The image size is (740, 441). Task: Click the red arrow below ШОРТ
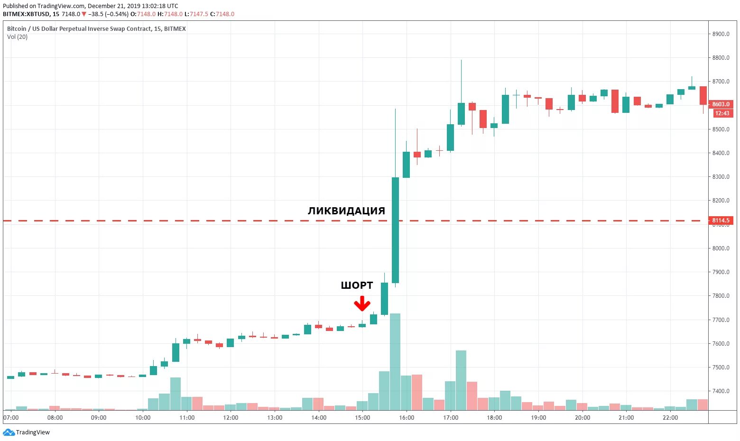[362, 303]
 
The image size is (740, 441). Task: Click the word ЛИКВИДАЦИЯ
[346, 211]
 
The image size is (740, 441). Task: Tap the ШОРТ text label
[357, 285]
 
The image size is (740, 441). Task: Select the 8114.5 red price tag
[721, 220]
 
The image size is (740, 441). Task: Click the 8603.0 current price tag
[721, 104]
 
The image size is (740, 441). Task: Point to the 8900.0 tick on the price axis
[721, 34]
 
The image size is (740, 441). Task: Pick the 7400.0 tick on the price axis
[721, 391]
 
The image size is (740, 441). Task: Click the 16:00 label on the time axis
[407, 418]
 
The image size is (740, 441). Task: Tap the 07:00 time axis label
[11, 418]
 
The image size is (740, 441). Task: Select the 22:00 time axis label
[670, 418]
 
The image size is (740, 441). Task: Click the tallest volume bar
[395, 362]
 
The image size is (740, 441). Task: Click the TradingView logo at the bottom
[27, 432]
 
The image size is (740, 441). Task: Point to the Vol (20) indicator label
[17, 37]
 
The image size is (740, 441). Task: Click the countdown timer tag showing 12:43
[722, 113]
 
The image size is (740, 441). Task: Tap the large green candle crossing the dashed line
[395, 230]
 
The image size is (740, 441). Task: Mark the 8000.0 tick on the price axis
[721, 248]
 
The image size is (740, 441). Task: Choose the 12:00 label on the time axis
[231, 418]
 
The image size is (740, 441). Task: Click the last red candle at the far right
[703, 96]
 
